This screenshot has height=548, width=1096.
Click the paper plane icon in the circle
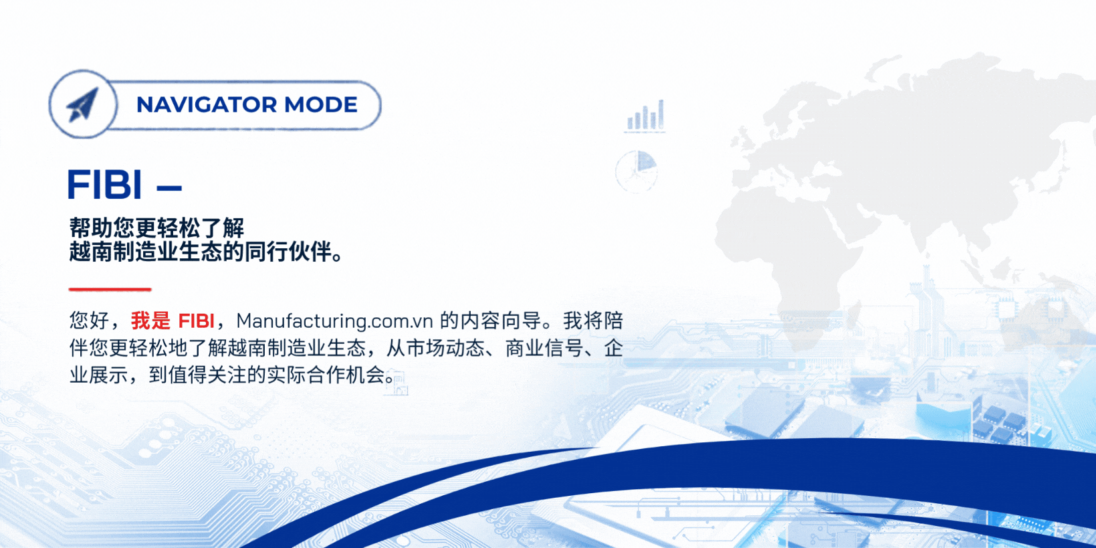click(82, 104)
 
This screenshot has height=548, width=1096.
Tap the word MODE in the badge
click(321, 105)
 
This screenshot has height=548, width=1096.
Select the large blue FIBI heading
click(105, 184)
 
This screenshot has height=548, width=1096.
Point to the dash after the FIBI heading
click(169, 187)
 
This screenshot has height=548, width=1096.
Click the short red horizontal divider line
click(110, 290)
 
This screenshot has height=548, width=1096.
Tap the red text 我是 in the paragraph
click(150, 321)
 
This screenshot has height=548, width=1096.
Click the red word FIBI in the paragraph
click(196, 321)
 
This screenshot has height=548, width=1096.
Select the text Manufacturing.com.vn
click(334, 321)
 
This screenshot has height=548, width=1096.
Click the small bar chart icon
click(646, 116)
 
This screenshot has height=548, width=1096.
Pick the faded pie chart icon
click(637, 171)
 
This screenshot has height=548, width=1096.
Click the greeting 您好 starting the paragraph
click(89, 321)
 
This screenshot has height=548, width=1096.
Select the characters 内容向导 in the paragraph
click(499, 321)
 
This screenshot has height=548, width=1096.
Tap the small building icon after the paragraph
click(397, 383)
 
